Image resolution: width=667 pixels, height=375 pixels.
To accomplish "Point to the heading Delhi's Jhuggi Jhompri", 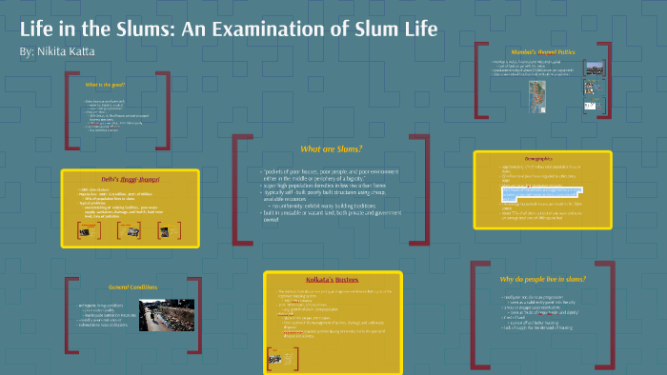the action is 131,179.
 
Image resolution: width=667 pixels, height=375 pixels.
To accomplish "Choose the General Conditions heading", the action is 131,286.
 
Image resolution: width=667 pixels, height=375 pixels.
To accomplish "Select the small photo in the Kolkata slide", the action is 276,357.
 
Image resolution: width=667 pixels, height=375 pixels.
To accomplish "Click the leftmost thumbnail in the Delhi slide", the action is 83,229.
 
